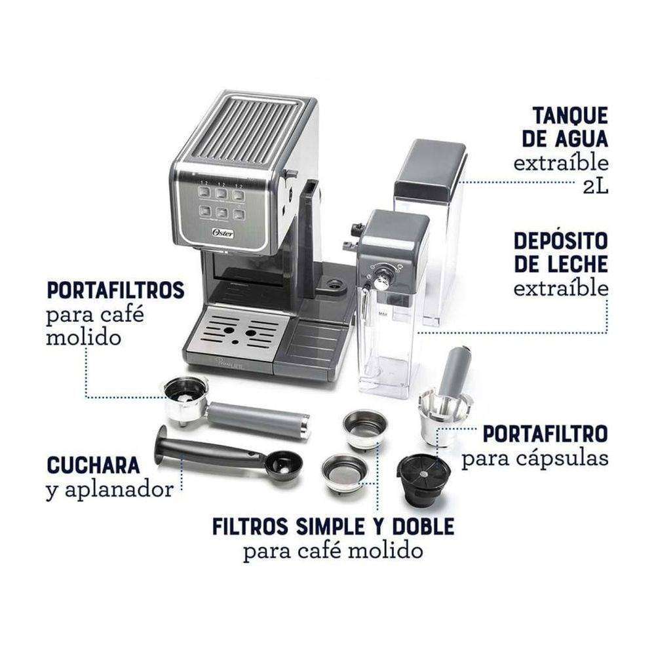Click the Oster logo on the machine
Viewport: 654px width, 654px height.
point(223,233)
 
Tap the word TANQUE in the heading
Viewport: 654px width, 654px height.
point(570,115)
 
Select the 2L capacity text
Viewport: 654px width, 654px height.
point(596,187)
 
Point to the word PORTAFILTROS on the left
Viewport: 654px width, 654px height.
point(115,290)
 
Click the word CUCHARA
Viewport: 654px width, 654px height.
point(94,465)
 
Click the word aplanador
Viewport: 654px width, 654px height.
point(119,490)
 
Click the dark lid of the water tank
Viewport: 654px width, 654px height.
point(430,169)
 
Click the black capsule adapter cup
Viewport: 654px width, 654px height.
point(423,480)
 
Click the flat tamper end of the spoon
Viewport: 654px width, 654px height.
point(161,444)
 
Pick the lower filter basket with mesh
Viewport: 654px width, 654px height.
point(345,473)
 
